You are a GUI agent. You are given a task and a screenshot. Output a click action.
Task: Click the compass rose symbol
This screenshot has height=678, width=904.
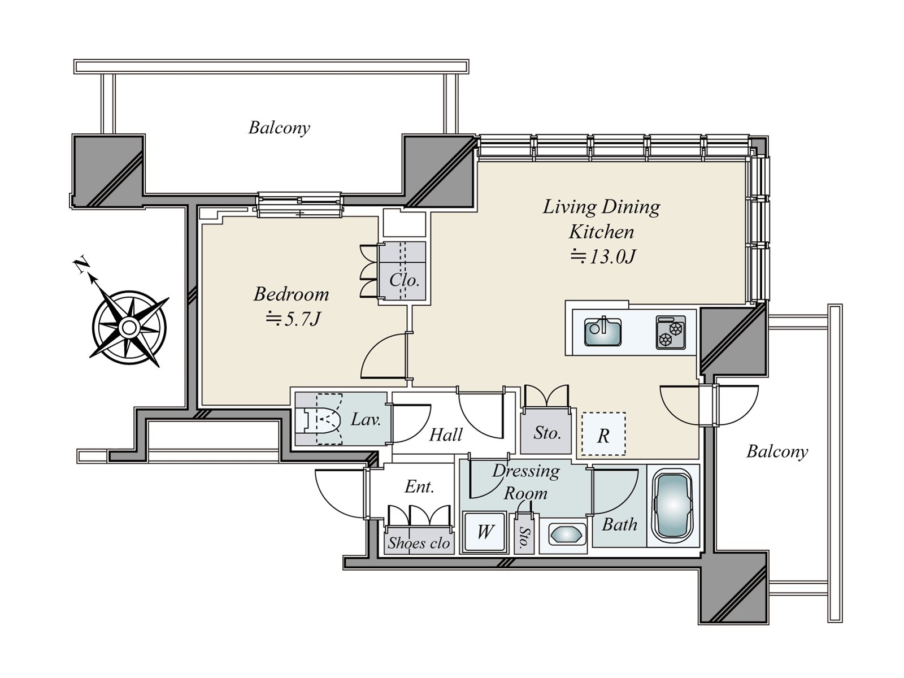click(x=129, y=327)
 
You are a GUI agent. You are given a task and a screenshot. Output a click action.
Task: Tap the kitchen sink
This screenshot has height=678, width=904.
click(x=602, y=332)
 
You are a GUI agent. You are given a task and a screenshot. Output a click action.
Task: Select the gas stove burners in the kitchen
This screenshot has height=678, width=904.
click(x=671, y=332)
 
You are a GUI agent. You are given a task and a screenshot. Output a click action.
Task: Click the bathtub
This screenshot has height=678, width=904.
click(x=672, y=506)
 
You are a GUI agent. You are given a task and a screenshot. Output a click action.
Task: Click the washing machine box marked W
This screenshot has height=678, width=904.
click(x=484, y=532)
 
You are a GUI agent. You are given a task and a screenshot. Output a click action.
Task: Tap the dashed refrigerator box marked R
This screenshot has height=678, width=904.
click(x=603, y=434)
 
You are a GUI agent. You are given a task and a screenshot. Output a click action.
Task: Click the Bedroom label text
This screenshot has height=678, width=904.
click(x=291, y=294)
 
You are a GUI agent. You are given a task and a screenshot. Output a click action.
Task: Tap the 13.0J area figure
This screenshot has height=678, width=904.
click(x=603, y=257)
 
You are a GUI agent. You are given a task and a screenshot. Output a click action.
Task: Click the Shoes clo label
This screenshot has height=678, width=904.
click(x=419, y=543)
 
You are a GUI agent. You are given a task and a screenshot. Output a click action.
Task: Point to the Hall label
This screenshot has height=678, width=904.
click(x=446, y=434)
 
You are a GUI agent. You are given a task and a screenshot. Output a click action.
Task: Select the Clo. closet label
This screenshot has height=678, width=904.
click(x=404, y=280)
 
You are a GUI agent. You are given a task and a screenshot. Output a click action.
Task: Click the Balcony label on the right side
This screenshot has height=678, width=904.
click(x=777, y=451)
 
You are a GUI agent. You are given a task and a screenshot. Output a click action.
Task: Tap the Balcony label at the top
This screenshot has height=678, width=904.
click(x=279, y=128)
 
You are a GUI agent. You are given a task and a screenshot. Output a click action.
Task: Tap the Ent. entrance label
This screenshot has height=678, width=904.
click(x=419, y=486)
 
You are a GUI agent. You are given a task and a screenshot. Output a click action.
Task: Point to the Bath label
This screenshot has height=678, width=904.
click(x=619, y=525)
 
